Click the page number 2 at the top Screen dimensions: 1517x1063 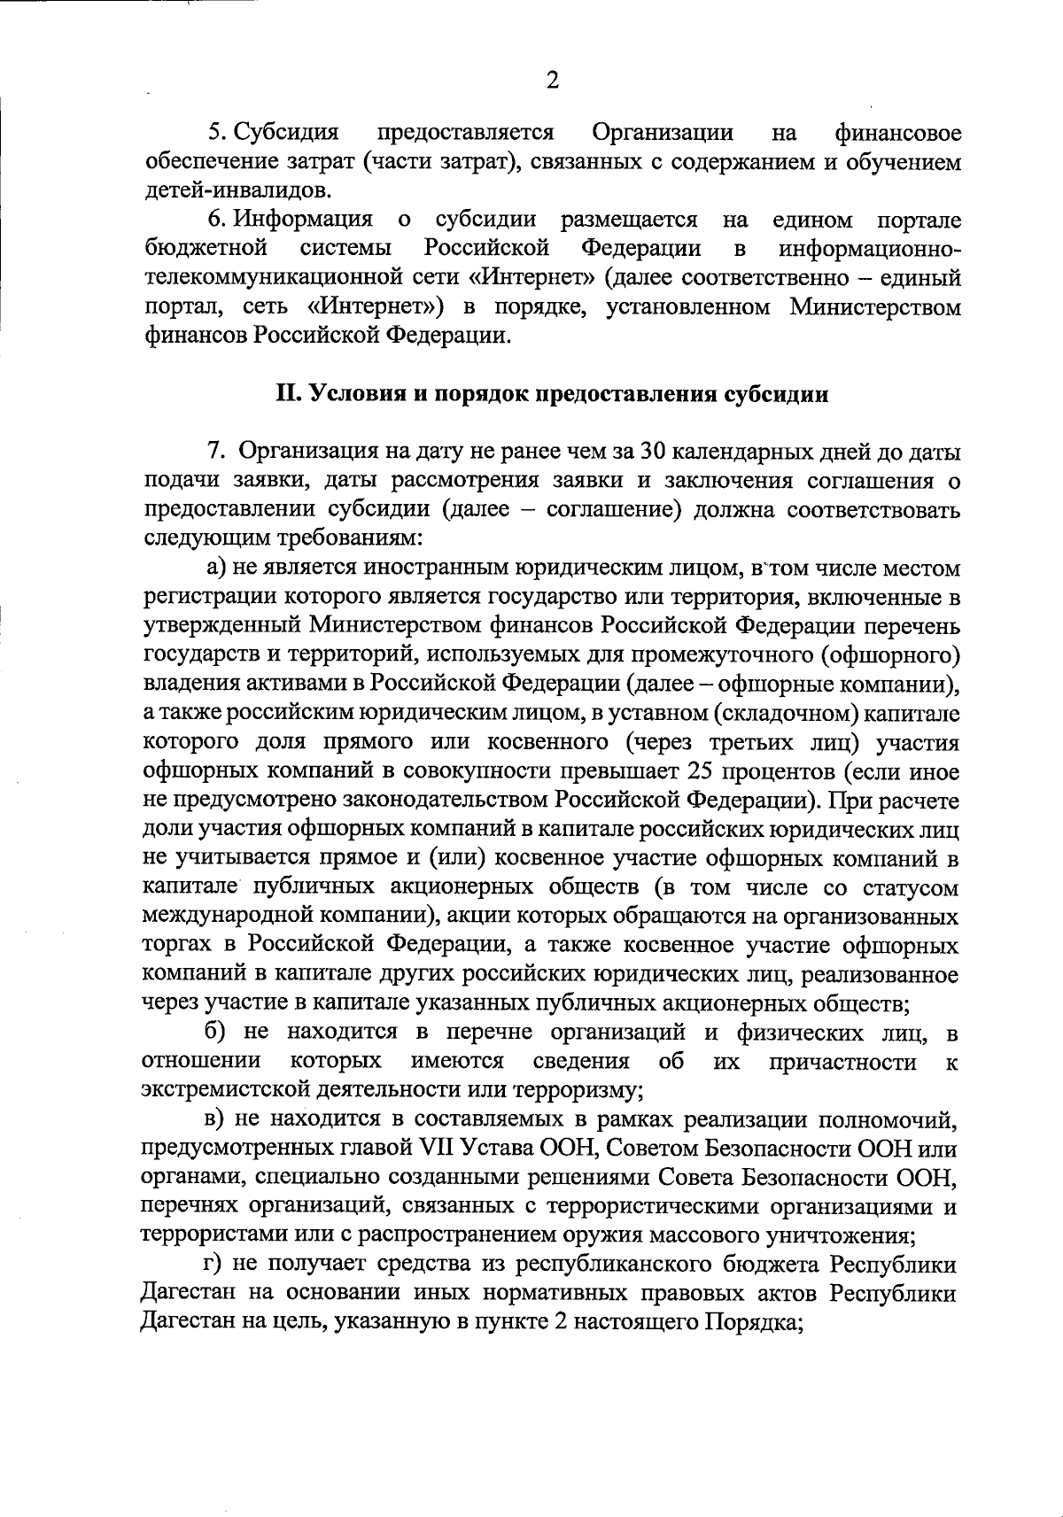[x=553, y=81]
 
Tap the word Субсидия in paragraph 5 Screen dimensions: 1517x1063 [x=286, y=133]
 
